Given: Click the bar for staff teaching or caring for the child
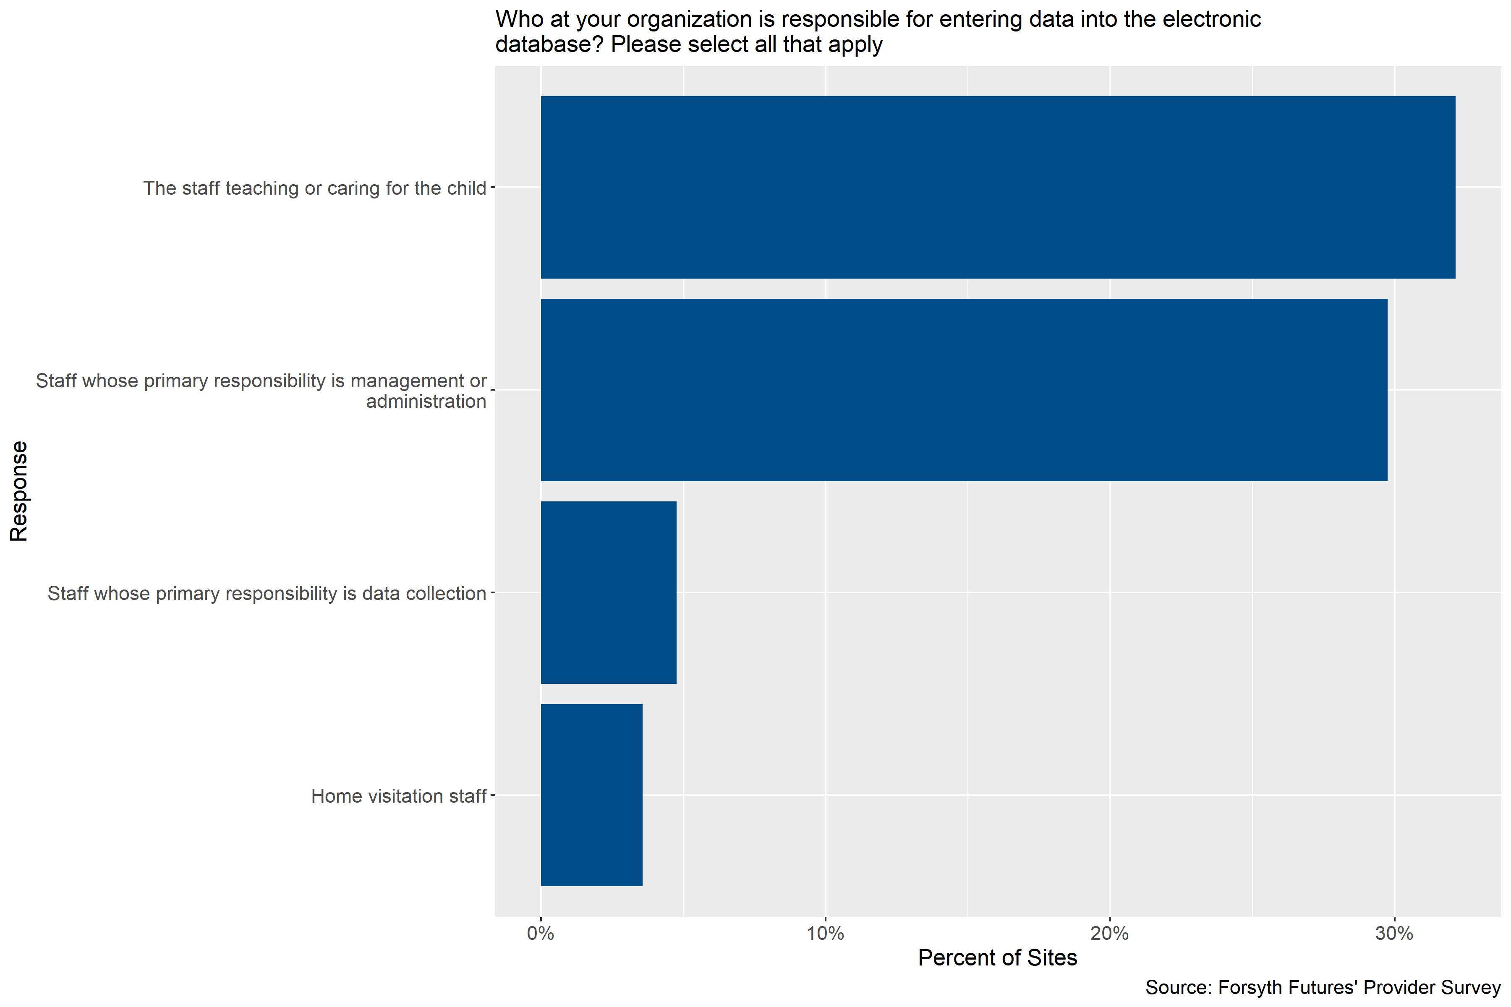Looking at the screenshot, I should pos(998,188).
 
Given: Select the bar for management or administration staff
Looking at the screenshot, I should pos(964,390).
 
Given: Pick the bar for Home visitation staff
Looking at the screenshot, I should pos(591,795).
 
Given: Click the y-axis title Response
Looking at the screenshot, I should pos(19,491).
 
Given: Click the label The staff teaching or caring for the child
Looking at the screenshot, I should pos(314,188).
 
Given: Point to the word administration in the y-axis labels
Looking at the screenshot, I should pos(426,402).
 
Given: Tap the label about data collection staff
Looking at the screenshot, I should pos(267,593).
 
